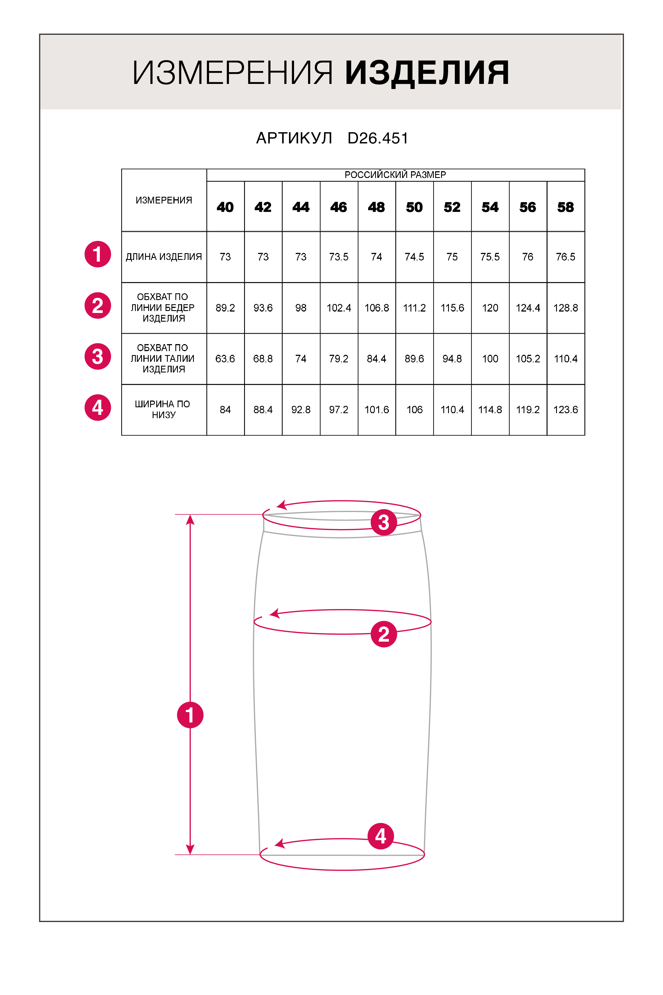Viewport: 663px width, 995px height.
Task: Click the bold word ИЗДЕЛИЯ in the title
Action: pos(427,73)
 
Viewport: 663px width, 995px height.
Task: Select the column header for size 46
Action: pos(339,207)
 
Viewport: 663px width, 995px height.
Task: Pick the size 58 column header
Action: pos(565,207)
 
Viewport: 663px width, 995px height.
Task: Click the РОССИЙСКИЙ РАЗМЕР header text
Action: pos(395,175)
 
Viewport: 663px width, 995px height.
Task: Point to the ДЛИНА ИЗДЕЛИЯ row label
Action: pos(164,257)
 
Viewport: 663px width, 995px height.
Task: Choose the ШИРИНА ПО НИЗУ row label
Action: pos(163,409)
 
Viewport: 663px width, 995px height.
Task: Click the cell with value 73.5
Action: pos(339,257)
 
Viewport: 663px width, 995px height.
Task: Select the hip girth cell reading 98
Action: pos(300,308)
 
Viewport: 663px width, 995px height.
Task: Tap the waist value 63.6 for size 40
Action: pos(225,359)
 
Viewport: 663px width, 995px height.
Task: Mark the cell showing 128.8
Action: pos(565,308)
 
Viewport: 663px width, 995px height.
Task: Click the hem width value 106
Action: pos(414,409)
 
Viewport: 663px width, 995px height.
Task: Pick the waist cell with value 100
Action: pos(490,359)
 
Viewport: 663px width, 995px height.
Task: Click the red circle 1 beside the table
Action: pos(98,255)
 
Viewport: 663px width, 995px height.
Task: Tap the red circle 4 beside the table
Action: pos(98,408)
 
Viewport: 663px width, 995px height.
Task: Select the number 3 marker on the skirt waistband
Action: pos(384,522)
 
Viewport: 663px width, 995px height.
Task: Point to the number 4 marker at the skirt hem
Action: pos(380,836)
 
